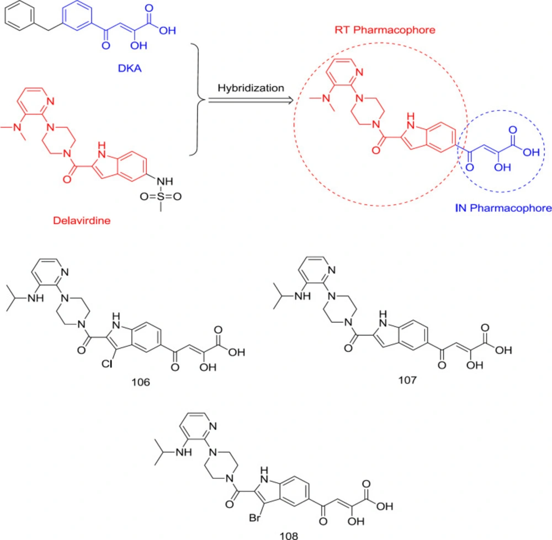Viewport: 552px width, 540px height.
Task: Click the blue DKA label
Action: point(130,68)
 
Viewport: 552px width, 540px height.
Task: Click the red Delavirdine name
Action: point(82,221)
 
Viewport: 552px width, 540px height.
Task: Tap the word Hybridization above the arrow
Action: point(251,88)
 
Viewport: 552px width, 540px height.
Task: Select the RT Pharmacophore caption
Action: point(385,30)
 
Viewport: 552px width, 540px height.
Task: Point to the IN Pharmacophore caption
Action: point(503,208)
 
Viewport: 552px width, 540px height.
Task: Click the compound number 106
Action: point(141,382)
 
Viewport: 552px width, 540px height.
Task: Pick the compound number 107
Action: point(407,380)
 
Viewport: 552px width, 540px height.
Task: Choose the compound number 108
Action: point(289,536)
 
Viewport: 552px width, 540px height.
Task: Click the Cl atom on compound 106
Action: point(107,363)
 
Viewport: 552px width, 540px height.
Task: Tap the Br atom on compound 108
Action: point(254,518)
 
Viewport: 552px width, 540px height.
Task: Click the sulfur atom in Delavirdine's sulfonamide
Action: point(161,196)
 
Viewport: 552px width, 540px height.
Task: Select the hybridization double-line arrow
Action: point(251,100)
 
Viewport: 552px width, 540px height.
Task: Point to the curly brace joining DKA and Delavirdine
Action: point(198,99)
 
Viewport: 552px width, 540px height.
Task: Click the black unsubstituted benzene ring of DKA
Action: point(20,16)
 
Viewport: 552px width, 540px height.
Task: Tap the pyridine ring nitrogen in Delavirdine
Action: point(50,101)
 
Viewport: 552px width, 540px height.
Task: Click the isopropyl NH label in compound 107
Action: point(302,296)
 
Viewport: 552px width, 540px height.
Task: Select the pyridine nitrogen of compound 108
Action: point(213,426)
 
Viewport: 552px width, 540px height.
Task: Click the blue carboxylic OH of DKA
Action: point(167,30)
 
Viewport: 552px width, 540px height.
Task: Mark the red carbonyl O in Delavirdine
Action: point(67,179)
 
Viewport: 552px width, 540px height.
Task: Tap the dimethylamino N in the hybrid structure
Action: point(326,98)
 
